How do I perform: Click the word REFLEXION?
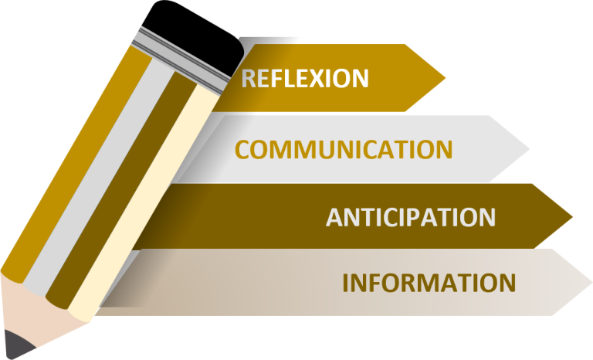tap(305, 78)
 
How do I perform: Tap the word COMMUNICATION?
tap(344, 149)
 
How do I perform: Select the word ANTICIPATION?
tap(411, 217)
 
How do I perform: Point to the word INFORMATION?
tap(429, 283)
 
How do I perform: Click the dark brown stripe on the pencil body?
tap(122, 189)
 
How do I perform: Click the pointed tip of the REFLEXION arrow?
tap(446, 78)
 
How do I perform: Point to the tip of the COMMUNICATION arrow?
tap(529, 149)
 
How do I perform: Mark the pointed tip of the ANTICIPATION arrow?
tap(573, 217)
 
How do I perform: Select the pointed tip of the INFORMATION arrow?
tap(592, 283)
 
